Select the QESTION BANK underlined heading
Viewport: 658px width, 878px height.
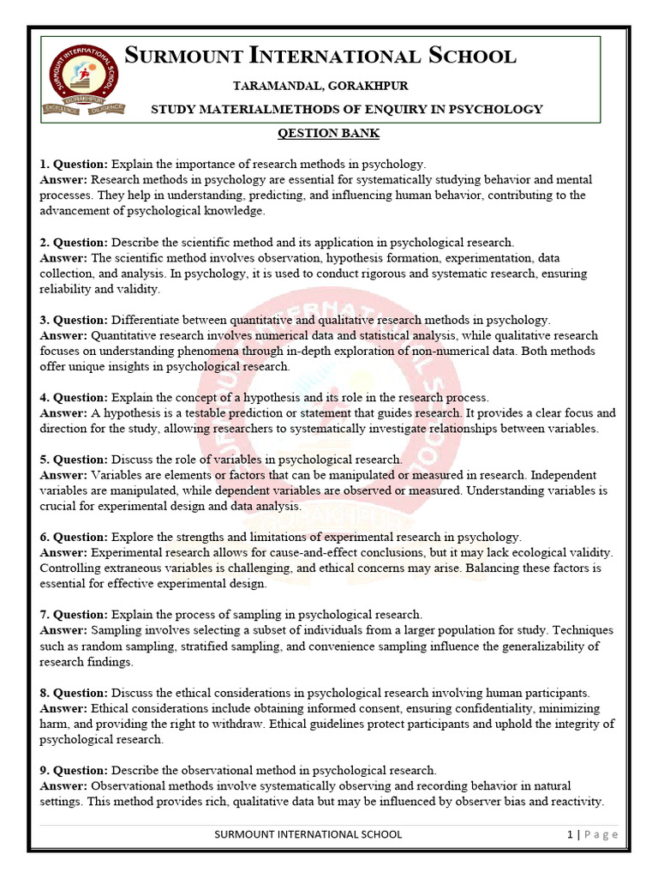pyautogui.click(x=328, y=134)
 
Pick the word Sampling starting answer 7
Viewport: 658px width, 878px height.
pyautogui.click(x=117, y=630)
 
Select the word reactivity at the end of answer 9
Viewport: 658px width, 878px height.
pyautogui.click(x=574, y=802)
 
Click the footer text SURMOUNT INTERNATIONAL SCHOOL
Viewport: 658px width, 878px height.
pyautogui.click(x=308, y=834)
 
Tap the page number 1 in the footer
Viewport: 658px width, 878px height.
pyautogui.click(x=569, y=834)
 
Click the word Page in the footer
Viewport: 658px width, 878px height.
pyautogui.click(x=601, y=834)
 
